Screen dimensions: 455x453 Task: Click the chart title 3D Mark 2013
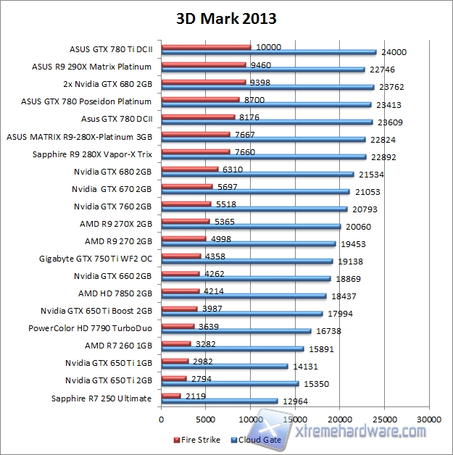tap(226, 17)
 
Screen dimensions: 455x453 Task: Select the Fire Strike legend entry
tap(199, 439)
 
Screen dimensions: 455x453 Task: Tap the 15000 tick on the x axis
tap(295, 419)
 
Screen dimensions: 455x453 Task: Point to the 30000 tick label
tap(429, 419)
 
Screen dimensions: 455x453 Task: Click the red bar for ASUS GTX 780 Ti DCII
tap(206, 47)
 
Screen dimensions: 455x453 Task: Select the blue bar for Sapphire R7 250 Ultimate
tap(219, 401)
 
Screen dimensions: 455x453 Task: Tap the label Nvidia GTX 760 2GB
tap(112, 206)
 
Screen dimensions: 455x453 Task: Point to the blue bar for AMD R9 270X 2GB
tap(251, 226)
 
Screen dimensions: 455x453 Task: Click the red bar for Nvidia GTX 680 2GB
tap(189, 169)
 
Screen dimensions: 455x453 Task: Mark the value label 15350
tap(315, 383)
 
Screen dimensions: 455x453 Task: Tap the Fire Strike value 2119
tap(194, 396)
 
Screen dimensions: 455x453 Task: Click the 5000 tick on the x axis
tap(206, 419)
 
